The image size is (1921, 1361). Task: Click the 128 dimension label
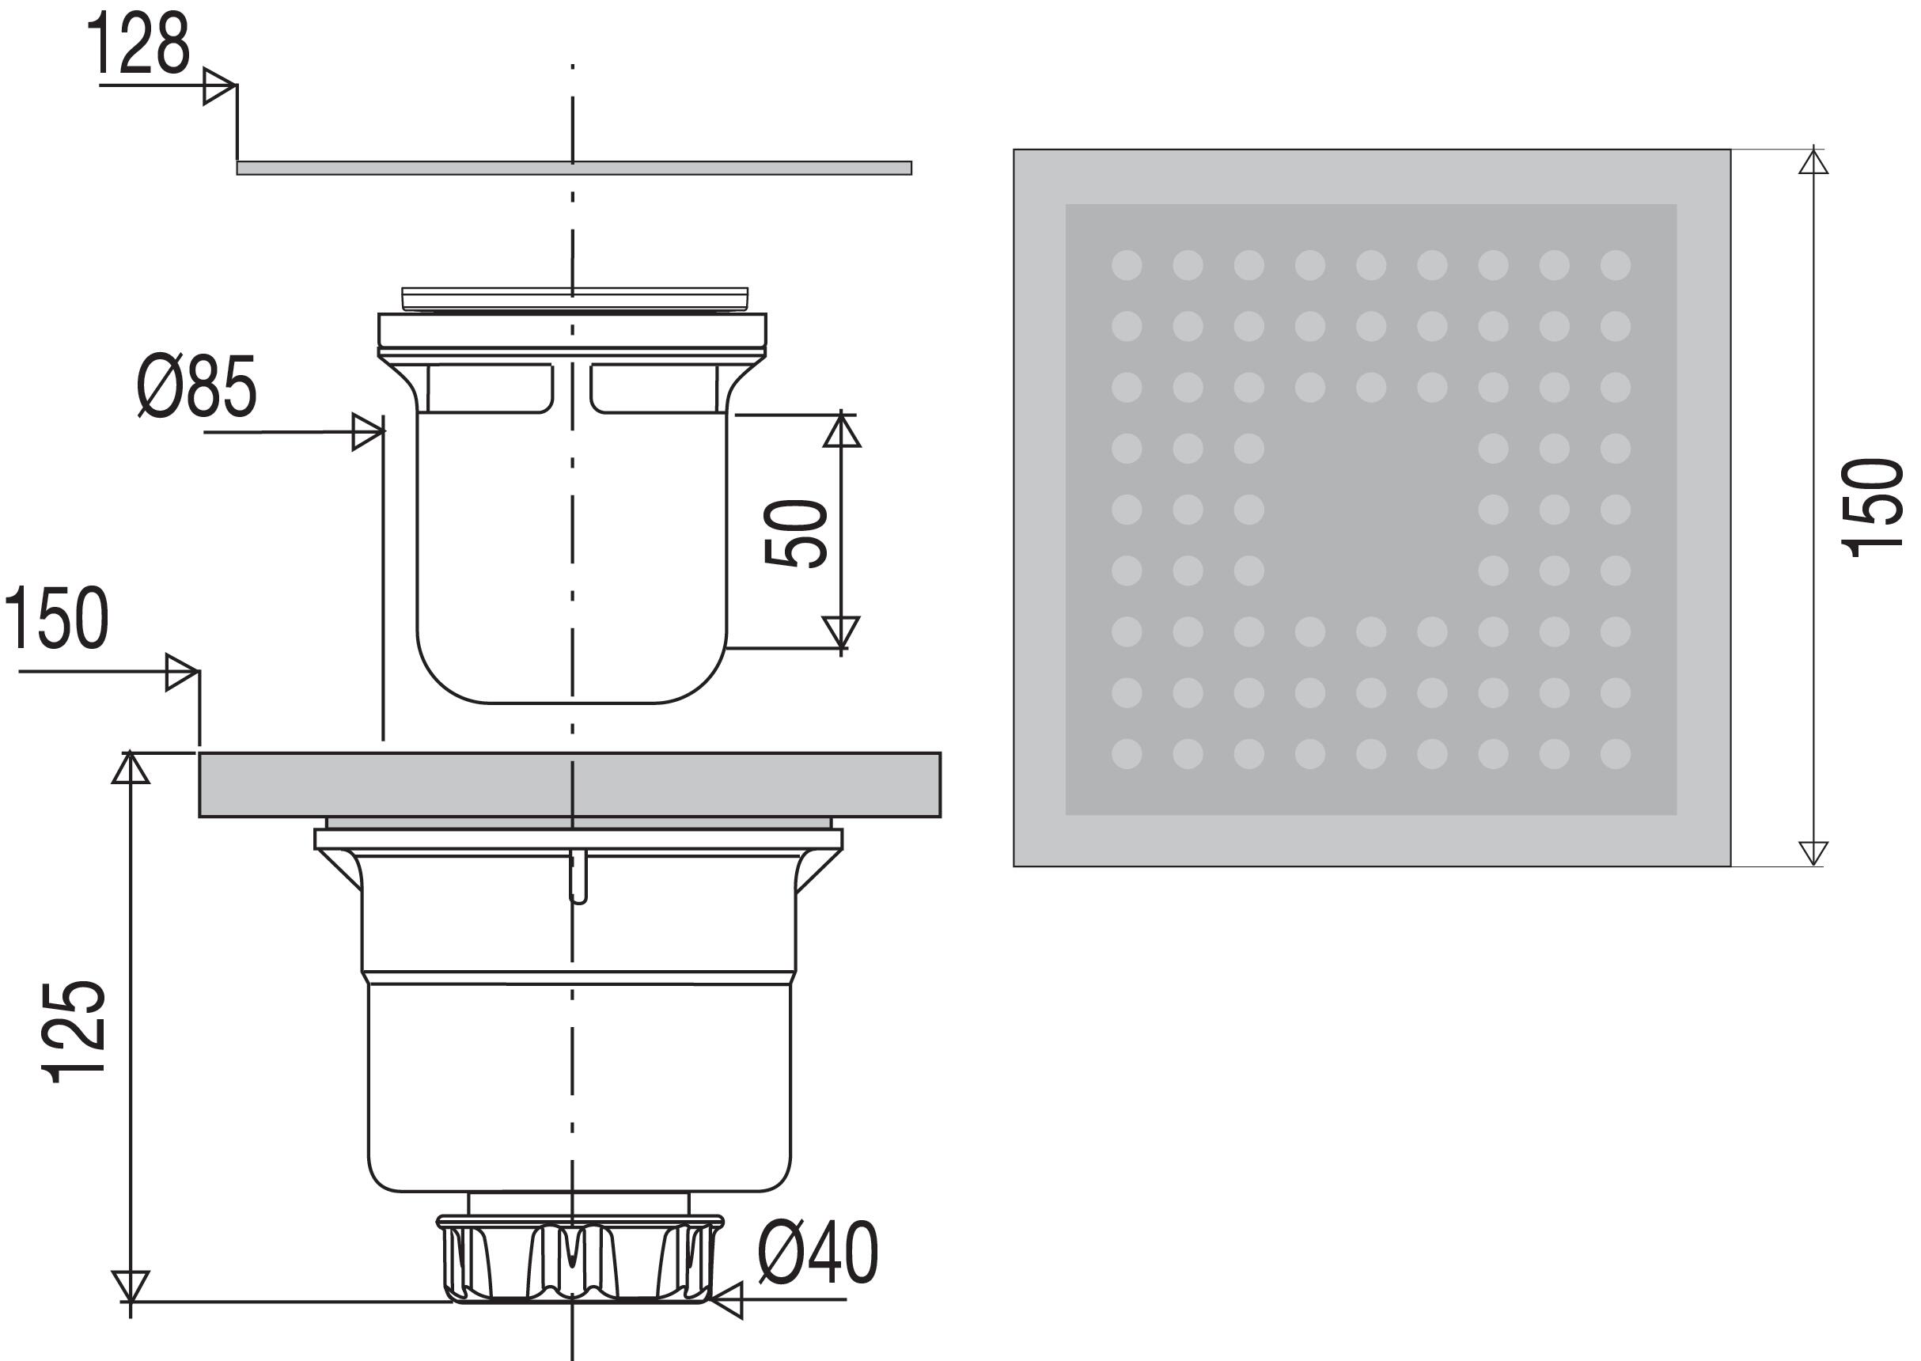tap(138, 44)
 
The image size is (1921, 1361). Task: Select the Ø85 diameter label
tap(197, 386)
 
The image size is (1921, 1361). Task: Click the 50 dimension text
tap(796, 533)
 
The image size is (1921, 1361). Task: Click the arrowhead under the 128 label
tap(219, 86)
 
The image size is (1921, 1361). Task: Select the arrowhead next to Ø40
tap(726, 1300)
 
